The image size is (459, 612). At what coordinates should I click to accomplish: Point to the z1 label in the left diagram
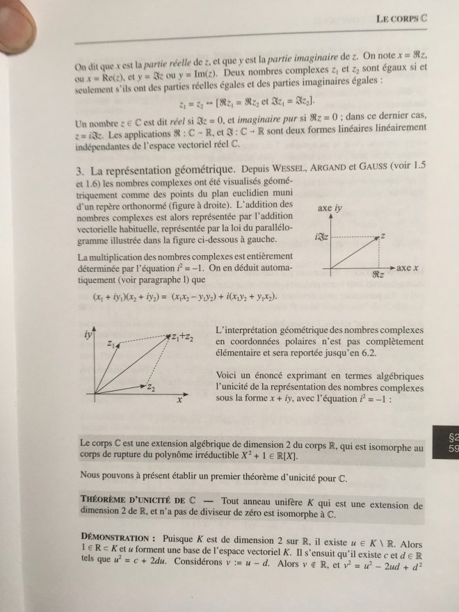[x=111, y=344]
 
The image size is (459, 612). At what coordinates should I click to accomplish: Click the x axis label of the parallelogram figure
[x=178, y=401]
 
